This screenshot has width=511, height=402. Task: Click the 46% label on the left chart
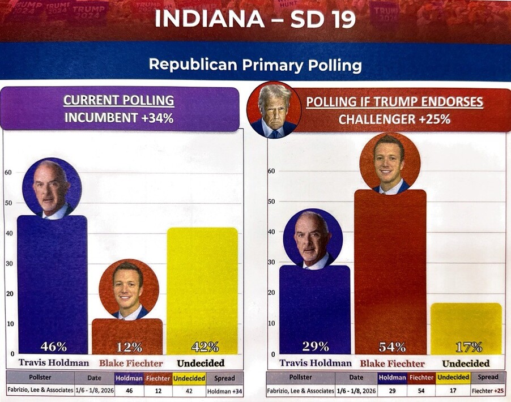[x=53, y=347]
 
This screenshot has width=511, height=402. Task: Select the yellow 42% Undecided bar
[x=202, y=289]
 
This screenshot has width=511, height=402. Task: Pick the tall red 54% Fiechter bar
[x=390, y=272]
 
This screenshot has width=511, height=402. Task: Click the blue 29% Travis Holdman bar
[x=315, y=309]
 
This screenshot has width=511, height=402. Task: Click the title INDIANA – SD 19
[x=255, y=19]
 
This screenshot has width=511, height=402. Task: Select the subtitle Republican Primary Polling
[x=255, y=65]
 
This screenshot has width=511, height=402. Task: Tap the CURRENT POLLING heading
[x=118, y=101]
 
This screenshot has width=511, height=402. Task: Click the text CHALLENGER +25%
[x=394, y=119]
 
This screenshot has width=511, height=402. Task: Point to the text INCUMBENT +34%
[x=118, y=119]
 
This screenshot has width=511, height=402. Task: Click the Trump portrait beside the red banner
[x=274, y=110]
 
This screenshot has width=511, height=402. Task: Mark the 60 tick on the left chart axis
[x=7, y=172]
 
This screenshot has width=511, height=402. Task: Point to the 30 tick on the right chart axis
[x=271, y=262]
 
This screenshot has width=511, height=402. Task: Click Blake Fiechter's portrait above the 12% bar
[x=128, y=288]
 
